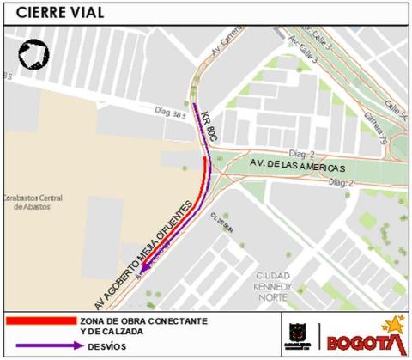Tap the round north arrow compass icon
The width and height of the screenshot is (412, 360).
pos(33,56)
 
